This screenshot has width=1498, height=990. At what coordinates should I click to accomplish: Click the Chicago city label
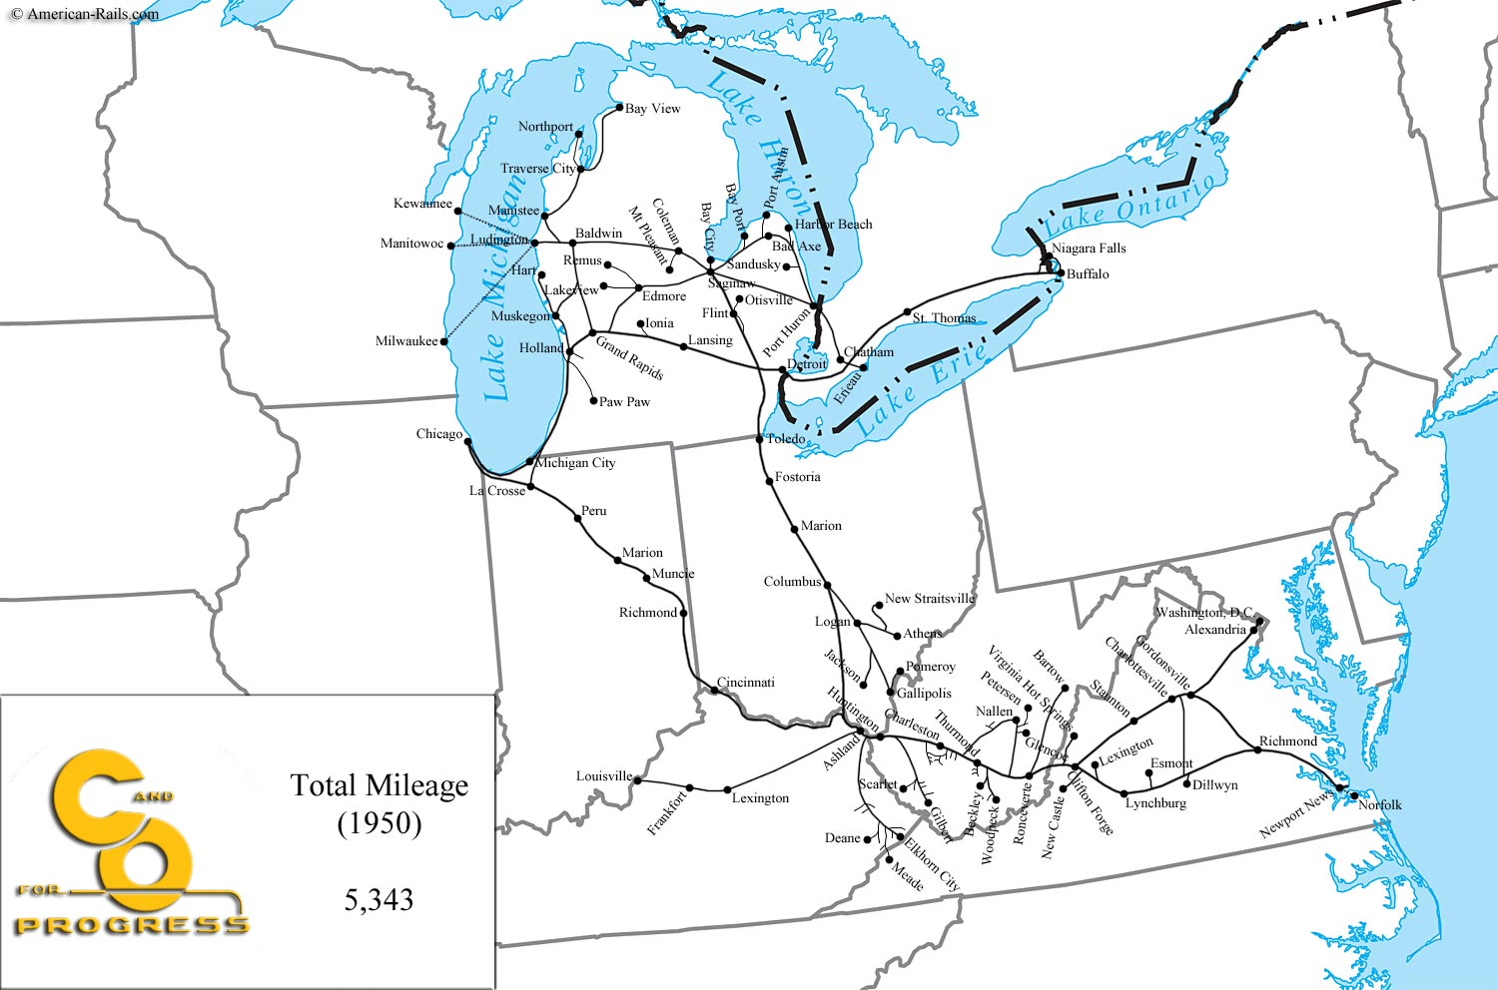point(439,434)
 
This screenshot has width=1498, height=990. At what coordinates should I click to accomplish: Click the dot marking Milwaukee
point(444,341)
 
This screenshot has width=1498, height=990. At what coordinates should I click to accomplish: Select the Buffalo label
point(1088,274)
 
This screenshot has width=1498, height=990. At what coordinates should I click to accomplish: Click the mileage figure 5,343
point(378,899)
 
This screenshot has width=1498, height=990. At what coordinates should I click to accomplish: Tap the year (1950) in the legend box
point(379,823)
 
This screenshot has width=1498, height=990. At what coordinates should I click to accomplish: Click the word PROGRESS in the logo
point(132,925)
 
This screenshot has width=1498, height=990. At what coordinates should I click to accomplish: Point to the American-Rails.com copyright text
point(85,14)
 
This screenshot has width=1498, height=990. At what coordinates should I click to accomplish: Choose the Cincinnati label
point(746,683)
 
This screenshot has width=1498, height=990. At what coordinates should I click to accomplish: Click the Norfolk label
point(1380,804)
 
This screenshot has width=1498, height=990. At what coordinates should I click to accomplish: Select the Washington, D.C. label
point(1203,612)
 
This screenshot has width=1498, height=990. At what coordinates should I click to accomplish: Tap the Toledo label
point(786,439)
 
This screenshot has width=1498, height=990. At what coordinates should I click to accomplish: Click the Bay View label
point(652,109)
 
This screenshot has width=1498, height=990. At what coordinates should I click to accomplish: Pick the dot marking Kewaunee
point(457,211)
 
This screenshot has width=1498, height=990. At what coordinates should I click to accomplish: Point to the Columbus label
point(792,582)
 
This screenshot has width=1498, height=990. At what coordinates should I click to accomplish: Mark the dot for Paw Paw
point(594,401)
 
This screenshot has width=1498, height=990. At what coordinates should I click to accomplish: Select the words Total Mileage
point(379,785)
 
